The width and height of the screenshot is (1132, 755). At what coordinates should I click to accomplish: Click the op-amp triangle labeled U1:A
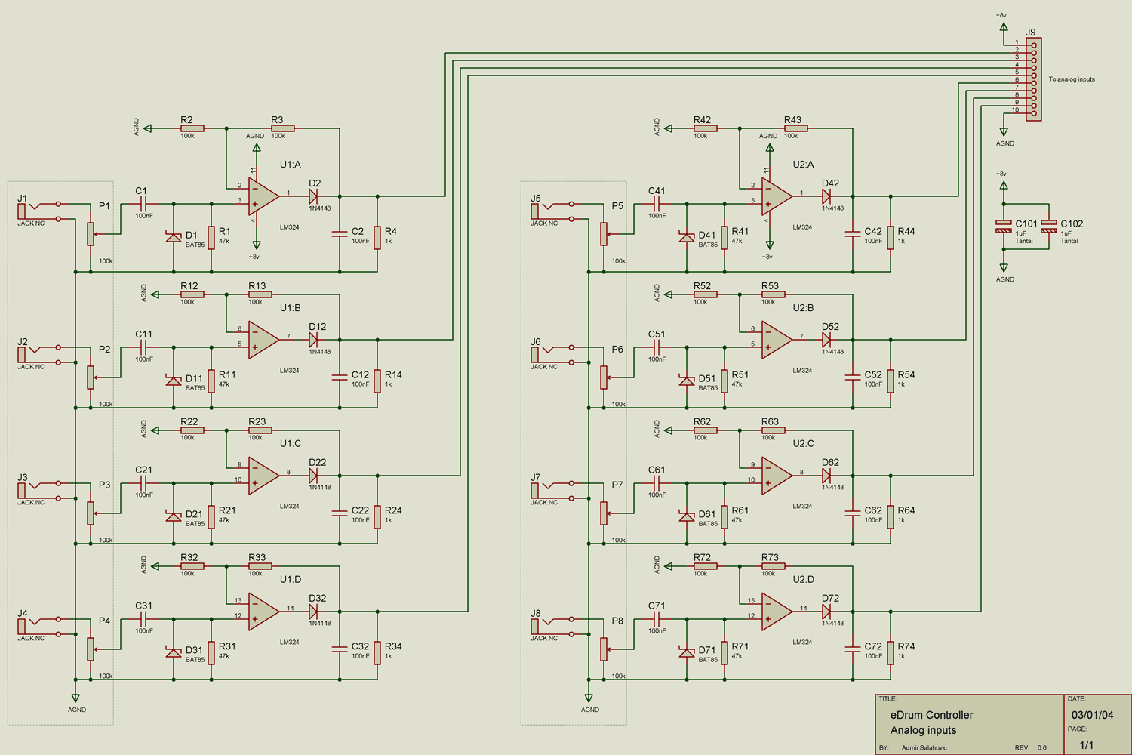point(263,197)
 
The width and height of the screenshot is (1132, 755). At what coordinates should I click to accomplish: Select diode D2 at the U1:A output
point(313,196)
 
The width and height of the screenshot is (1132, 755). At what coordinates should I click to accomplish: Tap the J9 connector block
point(1034,79)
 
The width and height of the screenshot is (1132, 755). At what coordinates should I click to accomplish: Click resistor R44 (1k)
point(891,237)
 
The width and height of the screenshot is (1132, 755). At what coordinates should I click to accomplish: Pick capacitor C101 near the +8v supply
point(1004,226)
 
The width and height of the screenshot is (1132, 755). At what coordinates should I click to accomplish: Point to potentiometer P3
point(91,513)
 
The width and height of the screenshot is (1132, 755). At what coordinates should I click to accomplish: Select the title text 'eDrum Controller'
point(931,715)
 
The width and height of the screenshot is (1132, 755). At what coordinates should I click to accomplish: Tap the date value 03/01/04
point(1092,715)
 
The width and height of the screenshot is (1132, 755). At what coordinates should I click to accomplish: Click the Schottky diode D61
point(687,516)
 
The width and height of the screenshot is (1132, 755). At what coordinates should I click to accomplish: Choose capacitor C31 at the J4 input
point(143,619)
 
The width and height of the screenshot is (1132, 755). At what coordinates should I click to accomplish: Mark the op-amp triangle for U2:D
point(777,612)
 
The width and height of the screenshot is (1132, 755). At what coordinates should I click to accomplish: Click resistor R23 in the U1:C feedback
point(260,430)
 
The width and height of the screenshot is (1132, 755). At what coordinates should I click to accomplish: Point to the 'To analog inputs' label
point(1071,79)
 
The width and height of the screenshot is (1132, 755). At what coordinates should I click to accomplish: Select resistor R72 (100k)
point(706,566)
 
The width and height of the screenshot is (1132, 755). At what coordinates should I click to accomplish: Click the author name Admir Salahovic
point(924,747)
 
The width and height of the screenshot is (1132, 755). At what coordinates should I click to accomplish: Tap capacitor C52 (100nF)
point(853,377)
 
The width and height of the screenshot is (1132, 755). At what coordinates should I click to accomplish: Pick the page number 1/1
point(1086,745)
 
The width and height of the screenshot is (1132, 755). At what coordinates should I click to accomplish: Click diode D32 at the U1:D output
point(313,612)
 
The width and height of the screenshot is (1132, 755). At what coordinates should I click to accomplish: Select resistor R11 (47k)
point(211,380)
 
